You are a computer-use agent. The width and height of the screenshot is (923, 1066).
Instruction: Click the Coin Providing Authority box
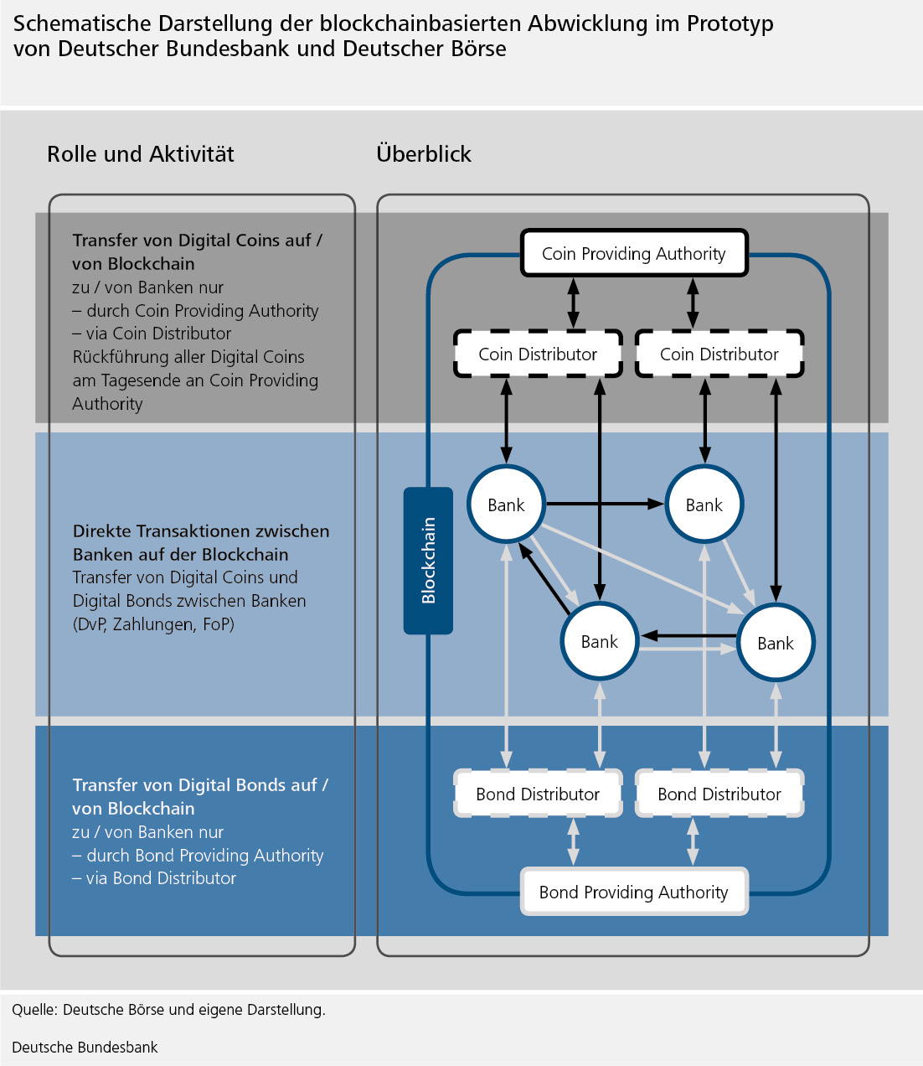tap(633, 253)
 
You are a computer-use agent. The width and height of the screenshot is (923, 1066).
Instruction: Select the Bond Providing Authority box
tap(633, 892)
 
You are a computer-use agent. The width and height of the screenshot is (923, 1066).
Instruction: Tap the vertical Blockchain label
tap(428, 560)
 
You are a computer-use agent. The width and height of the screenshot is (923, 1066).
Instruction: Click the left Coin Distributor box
tap(538, 354)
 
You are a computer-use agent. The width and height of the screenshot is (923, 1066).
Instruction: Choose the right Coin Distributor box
tap(719, 354)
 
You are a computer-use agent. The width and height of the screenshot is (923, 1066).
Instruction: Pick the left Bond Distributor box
tap(538, 794)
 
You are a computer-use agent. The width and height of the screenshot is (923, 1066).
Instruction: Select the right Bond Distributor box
tap(719, 794)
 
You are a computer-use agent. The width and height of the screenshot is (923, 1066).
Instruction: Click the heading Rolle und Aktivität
tap(141, 154)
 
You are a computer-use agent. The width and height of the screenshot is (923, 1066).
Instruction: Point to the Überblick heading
tap(424, 154)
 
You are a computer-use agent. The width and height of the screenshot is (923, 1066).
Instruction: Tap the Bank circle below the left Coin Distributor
tap(506, 505)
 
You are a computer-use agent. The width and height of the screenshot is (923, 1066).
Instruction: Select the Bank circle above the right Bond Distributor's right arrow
tap(775, 643)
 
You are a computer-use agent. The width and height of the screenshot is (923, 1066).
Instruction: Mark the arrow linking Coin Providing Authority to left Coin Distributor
tap(573, 303)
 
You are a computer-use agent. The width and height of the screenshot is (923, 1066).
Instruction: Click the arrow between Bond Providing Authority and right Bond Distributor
tap(693, 841)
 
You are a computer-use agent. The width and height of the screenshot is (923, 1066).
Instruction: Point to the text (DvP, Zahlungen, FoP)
tap(153, 624)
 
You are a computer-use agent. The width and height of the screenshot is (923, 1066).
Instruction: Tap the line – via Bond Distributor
tap(154, 878)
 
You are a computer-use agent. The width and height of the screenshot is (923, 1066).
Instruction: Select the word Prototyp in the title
tap(730, 23)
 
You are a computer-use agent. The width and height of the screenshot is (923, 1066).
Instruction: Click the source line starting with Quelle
tap(168, 1010)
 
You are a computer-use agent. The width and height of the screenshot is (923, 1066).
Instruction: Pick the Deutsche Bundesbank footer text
tap(85, 1047)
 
